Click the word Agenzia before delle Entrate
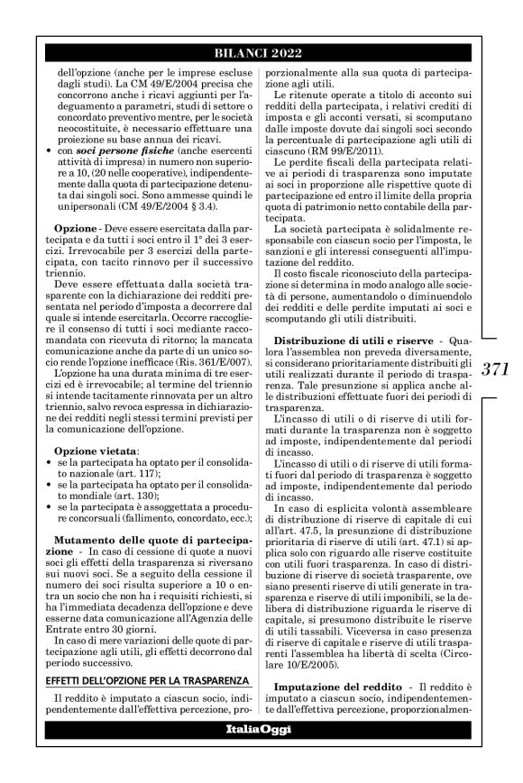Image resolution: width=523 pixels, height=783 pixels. click(212, 596)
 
